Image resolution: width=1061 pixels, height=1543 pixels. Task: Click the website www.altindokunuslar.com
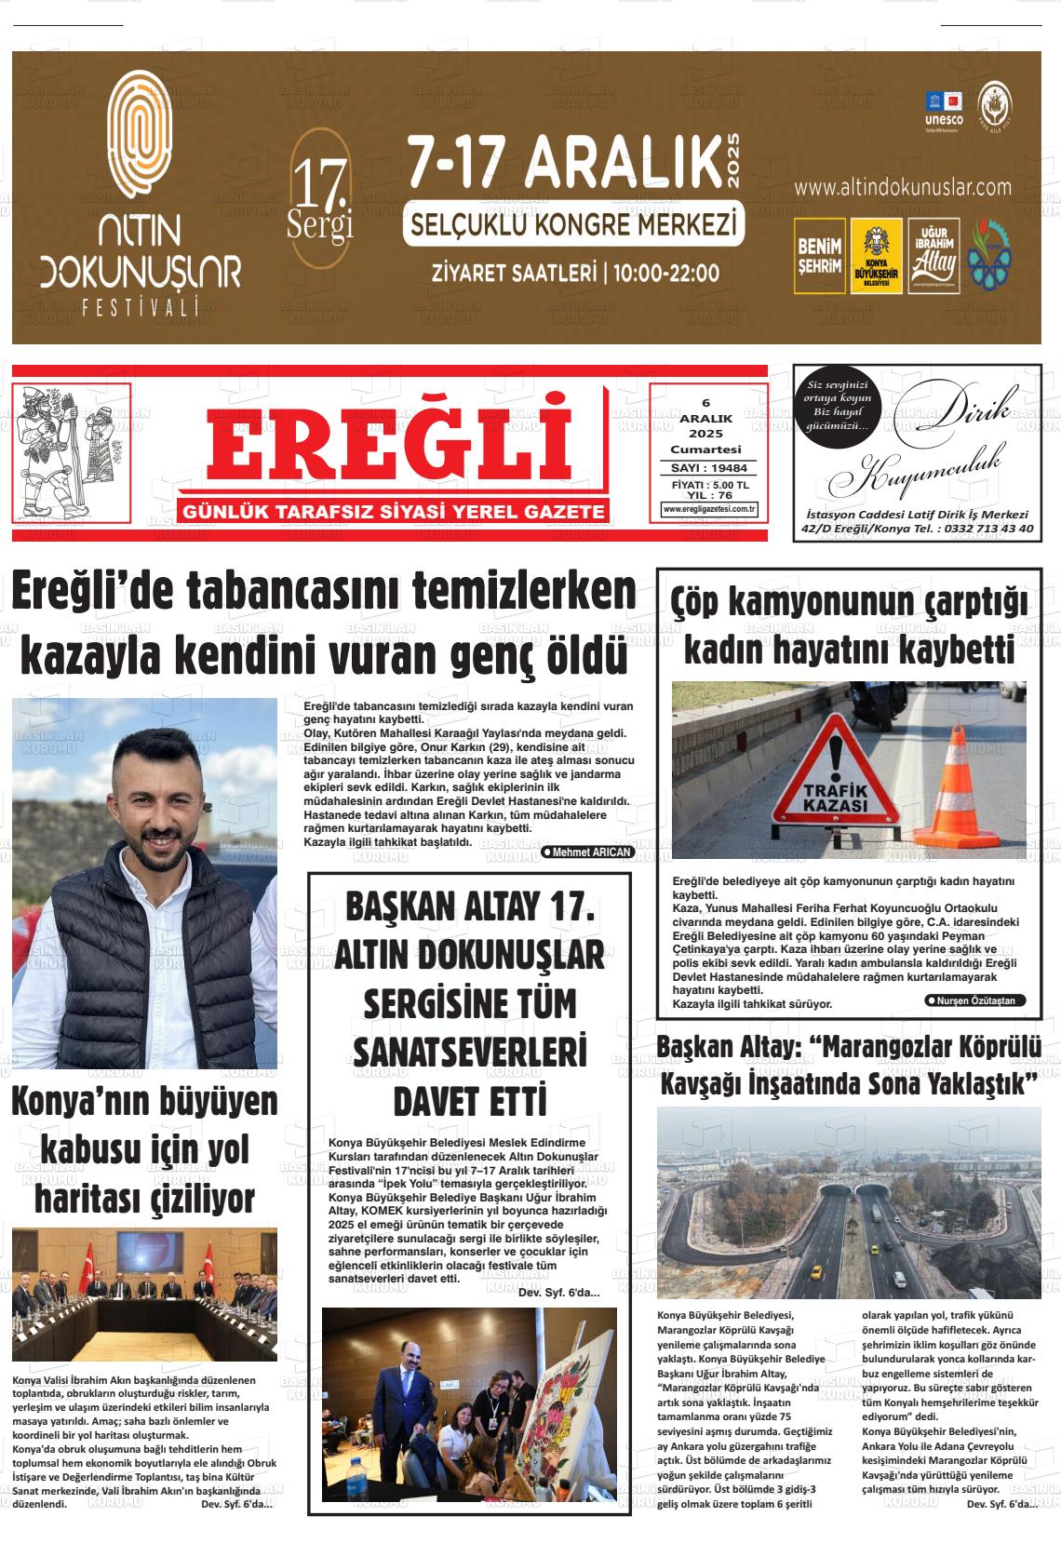coord(902,187)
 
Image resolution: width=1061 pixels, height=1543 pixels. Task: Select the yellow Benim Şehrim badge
coord(819,256)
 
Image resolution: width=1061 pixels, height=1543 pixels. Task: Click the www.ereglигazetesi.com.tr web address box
coord(709,509)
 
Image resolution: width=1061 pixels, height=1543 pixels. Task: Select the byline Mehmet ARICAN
coord(587,852)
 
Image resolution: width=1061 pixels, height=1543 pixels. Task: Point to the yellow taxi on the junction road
coord(817,1270)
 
